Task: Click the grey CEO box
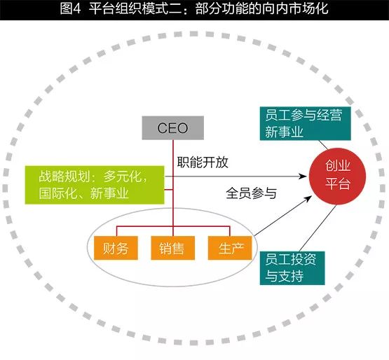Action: [173, 128]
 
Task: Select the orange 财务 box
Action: [116, 248]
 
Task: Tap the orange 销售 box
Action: [172, 248]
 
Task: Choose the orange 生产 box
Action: [230, 248]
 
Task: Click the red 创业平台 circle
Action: [337, 176]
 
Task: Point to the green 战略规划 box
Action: [95, 185]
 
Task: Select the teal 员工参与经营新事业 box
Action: [306, 123]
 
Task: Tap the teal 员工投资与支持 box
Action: [292, 268]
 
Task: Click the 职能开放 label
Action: [203, 162]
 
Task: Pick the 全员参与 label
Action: [251, 193]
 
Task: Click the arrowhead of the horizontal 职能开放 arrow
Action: [303, 176]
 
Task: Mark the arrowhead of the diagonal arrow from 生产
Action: [308, 198]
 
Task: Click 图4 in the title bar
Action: [71, 9]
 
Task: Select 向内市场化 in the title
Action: [296, 9]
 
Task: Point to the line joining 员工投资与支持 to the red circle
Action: [318, 228]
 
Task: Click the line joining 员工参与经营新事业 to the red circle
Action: [324, 145]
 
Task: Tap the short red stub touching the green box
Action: [169, 190]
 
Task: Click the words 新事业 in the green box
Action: [109, 193]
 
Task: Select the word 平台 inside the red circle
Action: [338, 184]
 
